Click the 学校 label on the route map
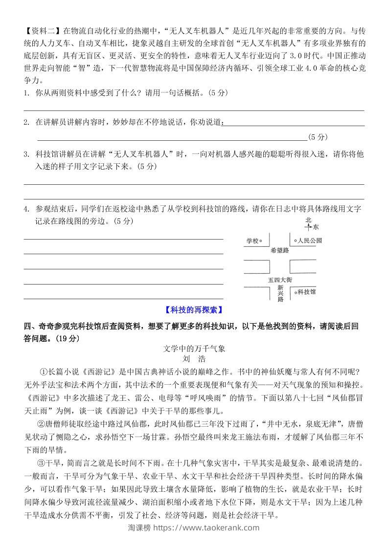251,241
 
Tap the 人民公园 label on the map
310,241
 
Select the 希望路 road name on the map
279,250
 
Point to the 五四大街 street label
279,280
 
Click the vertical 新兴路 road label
280,293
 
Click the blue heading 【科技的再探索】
194,309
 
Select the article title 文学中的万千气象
194,349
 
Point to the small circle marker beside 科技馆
296,292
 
